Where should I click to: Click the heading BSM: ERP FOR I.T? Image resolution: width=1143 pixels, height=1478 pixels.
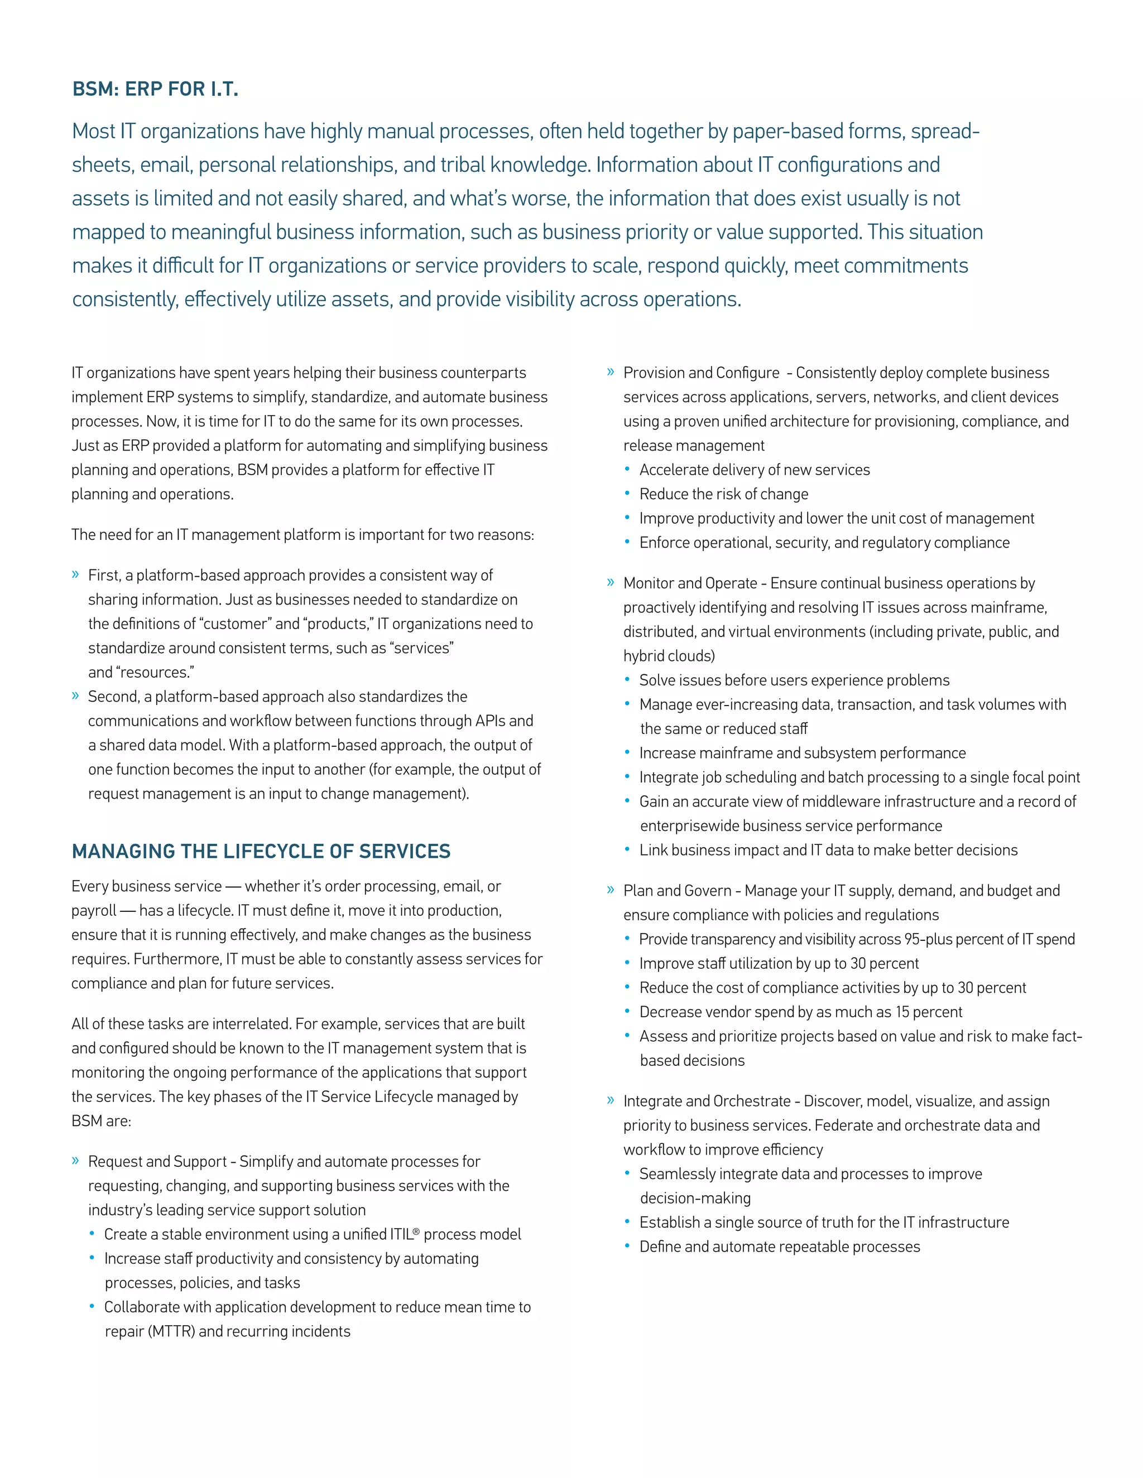click(x=155, y=89)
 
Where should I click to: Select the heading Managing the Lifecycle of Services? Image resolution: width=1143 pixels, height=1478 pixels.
click(x=261, y=851)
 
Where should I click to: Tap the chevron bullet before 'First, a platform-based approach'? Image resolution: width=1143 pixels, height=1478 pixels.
click(x=76, y=574)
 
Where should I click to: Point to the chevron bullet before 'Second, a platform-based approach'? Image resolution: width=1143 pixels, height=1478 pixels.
click(x=76, y=695)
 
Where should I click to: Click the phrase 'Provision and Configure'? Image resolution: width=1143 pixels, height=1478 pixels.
click(x=701, y=373)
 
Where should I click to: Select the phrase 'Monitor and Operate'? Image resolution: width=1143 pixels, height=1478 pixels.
click(x=690, y=583)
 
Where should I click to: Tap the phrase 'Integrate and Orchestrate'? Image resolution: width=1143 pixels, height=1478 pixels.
click(x=707, y=1101)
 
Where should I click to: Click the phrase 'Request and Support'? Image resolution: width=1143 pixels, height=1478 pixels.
click(x=157, y=1161)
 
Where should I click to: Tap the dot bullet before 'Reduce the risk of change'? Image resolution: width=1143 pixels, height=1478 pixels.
click(x=627, y=494)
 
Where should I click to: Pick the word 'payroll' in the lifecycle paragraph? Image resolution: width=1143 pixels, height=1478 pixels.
click(x=93, y=911)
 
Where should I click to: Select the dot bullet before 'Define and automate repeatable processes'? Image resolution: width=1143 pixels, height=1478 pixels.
click(x=627, y=1246)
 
